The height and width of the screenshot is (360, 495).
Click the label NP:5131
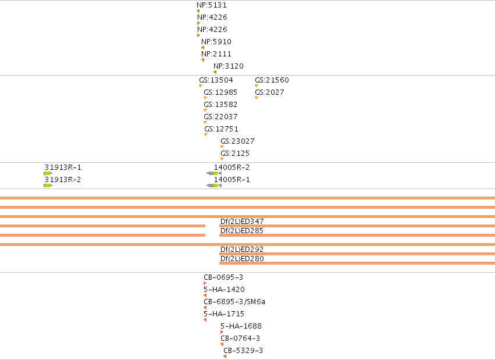click(x=212, y=5)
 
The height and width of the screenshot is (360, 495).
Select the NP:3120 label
click(x=229, y=66)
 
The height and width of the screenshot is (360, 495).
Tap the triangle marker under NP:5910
click(x=202, y=48)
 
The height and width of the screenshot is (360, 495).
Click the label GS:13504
click(x=216, y=80)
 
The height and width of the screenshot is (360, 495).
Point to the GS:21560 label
click(x=272, y=80)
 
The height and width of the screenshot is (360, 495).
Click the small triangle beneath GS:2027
click(x=257, y=98)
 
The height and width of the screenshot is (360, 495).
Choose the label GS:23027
click(x=237, y=141)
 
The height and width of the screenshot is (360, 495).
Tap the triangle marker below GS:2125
click(x=222, y=159)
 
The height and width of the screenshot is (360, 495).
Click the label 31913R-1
click(x=63, y=167)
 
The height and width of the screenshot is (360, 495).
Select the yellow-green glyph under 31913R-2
click(x=48, y=186)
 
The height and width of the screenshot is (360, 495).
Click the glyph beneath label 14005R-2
click(x=214, y=173)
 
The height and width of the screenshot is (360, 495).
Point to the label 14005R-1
click(x=232, y=180)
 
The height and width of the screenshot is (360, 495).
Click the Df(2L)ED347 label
click(x=242, y=221)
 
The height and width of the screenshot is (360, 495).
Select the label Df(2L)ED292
click(x=242, y=249)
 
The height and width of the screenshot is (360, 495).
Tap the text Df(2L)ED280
click(x=242, y=258)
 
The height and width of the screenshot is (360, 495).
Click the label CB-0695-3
click(x=223, y=277)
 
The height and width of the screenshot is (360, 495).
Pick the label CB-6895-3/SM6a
click(x=234, y=302)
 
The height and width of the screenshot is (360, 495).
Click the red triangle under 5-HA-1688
click(x=222, y=332)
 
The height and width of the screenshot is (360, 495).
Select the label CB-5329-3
click(x=243, y=351)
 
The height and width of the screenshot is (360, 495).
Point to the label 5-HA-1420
click(x=224, y=290)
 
